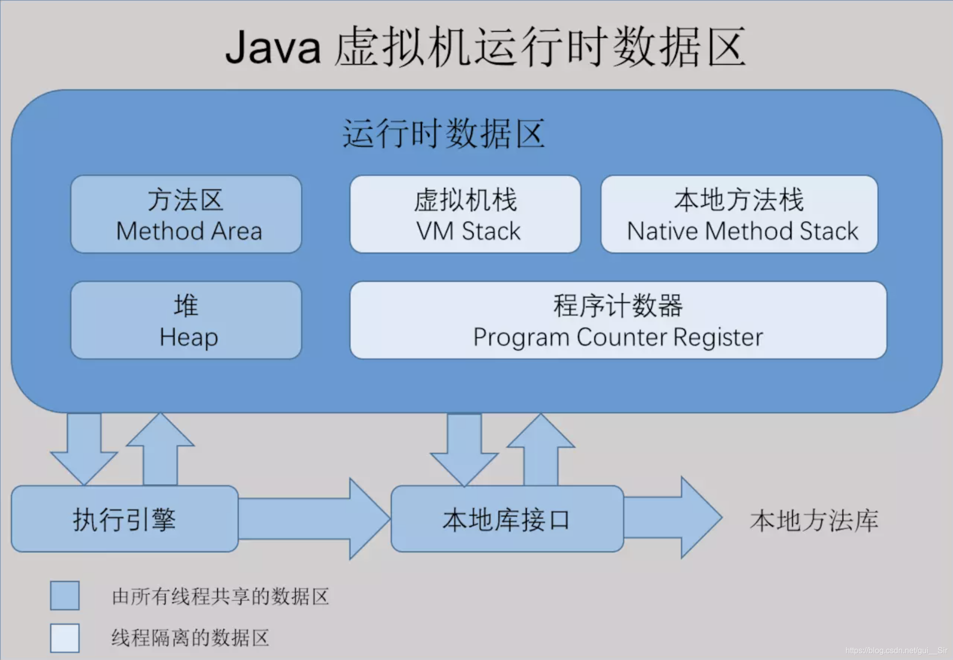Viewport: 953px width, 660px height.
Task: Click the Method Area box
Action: coord(186,214)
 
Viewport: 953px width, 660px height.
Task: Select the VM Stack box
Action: coord(465,214)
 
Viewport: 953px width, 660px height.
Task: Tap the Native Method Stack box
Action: coord(739,214)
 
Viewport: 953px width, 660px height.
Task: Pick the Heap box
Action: coord(186,320)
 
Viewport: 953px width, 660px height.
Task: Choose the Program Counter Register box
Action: coord(618,320)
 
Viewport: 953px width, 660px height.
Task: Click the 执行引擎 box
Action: coord(124,519)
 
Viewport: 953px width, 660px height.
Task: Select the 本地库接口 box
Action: coord(507,519)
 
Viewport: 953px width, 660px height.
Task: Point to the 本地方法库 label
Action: coord(814,520)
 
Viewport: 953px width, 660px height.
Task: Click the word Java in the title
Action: coord(273,47)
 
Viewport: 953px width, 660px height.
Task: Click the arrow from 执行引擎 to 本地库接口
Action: coord(313,519)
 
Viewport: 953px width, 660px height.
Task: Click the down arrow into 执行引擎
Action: coord(84,447)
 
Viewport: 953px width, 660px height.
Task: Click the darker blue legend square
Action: coord(65,595)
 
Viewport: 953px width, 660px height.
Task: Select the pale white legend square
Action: coord(65,638)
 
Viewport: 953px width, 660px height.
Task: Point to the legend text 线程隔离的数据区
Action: coord(190,638)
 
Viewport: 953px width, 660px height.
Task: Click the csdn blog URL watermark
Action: coord(896,650)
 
